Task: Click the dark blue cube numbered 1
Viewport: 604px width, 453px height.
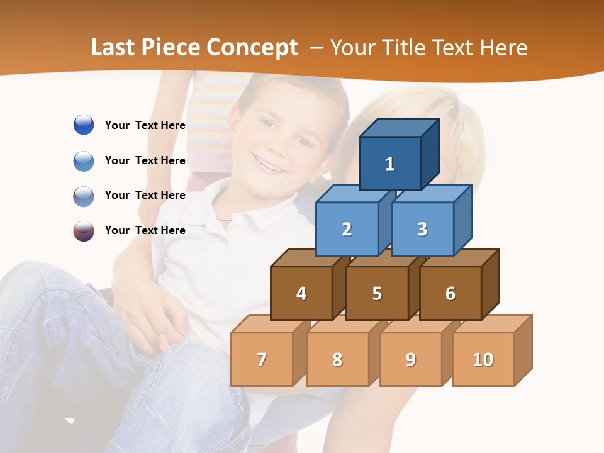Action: (x=390, y=164)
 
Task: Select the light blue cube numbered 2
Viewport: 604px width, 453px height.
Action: (x=347, y=229)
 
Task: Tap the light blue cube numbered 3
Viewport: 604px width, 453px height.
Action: (x=422, y=229)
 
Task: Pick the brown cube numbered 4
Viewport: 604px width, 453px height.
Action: (x=301, y=293)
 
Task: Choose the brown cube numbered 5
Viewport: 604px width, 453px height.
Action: (x=377, y=293)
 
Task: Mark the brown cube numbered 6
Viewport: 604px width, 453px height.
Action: (x=450, y=293)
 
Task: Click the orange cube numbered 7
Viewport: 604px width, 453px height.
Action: (x=262, y=359)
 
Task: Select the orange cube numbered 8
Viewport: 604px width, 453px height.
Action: (x=337, y=359)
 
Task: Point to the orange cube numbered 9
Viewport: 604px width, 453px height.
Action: (x=411, y=359)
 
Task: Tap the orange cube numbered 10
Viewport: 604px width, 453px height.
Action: (x=483, y=359)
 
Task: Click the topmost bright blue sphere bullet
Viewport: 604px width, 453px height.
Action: (x=84, y=125)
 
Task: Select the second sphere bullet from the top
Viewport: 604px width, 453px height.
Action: (x=84, y=161)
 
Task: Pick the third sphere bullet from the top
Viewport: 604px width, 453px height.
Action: (x=84, y=196)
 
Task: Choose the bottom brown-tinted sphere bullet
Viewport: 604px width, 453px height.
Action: (x=84, y=231)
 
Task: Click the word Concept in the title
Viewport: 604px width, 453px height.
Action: (x=252, y=48)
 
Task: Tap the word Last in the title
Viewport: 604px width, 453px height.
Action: (x=114, y=48)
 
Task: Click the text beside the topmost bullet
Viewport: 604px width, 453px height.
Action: (x=145, y=125)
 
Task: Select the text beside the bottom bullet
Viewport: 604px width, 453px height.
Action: (x=145, y=230)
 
